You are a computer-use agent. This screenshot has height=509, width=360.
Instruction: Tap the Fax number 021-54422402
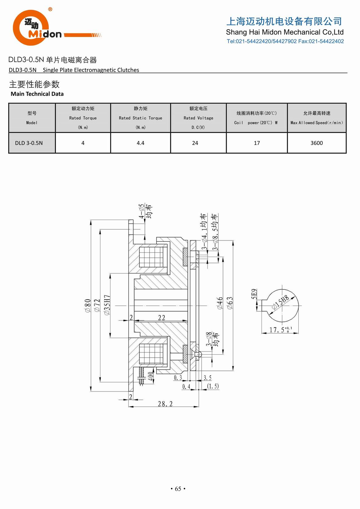(x=326, y=41)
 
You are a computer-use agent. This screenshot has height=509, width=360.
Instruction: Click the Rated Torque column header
(x=83, y=118)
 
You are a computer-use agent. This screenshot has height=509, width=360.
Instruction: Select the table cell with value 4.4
(x=140, y=143)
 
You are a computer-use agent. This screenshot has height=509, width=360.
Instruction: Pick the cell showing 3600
(x=316, y=143)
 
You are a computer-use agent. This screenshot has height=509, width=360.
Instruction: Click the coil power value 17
(x=257, y=143)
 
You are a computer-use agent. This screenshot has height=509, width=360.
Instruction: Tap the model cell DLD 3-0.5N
(x=29, y=143)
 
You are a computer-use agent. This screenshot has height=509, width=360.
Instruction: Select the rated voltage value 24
(x=195, y=143)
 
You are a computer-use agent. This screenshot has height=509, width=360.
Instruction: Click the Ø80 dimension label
(x=88, y=305)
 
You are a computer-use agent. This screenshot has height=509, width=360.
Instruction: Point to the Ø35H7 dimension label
(x=107, y=305)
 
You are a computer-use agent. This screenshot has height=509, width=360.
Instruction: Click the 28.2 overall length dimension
(x=165, y=404)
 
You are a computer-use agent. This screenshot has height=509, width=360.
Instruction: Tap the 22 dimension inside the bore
(x=161, y=318)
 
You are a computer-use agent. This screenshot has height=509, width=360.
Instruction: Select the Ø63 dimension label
(x=230, y=303)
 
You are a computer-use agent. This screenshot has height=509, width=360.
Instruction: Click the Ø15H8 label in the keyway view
(x=280, y=302)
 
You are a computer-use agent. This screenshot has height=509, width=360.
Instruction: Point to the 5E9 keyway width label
(x=254, y=294)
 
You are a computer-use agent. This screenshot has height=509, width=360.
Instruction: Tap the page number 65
(x=178, y=489)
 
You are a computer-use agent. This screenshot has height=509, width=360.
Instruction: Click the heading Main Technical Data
(x=37, y=94)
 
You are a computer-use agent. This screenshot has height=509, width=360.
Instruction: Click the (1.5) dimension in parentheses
(x=213, y=386)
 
